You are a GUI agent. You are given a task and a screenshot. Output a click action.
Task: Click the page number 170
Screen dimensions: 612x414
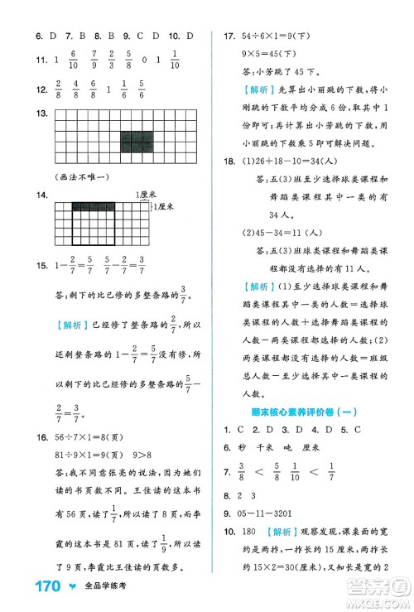pos(28,590)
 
